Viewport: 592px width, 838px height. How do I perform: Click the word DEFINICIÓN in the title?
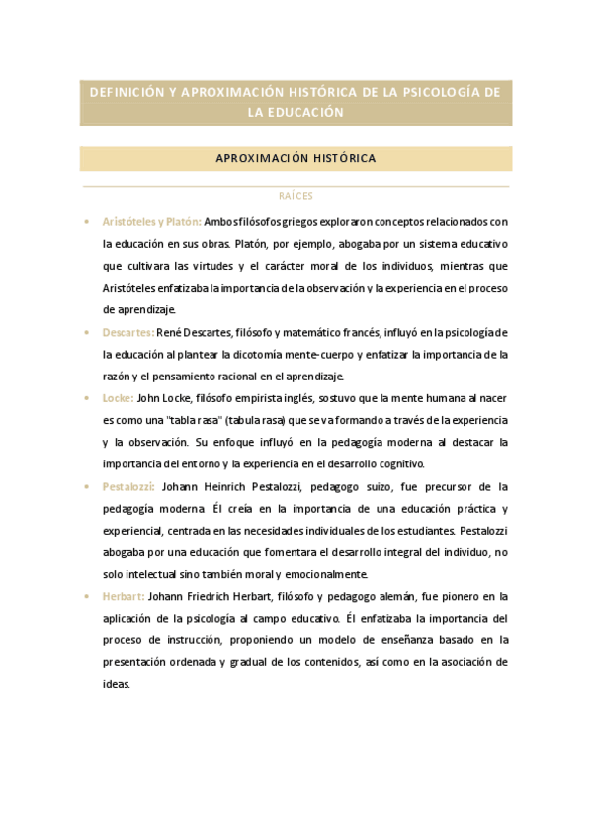(x=126, y=92)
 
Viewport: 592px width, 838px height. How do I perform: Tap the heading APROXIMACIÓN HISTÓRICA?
(x=296, y=158)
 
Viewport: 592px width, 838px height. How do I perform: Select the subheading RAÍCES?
(x=296, y=196)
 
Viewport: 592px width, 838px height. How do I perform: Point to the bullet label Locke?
(x=118, y=398)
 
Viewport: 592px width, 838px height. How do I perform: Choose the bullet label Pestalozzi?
(x=129, y=486)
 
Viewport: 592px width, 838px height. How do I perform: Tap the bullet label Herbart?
(x=124, y=596)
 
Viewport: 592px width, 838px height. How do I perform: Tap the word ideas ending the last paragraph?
(x=117, y=684)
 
